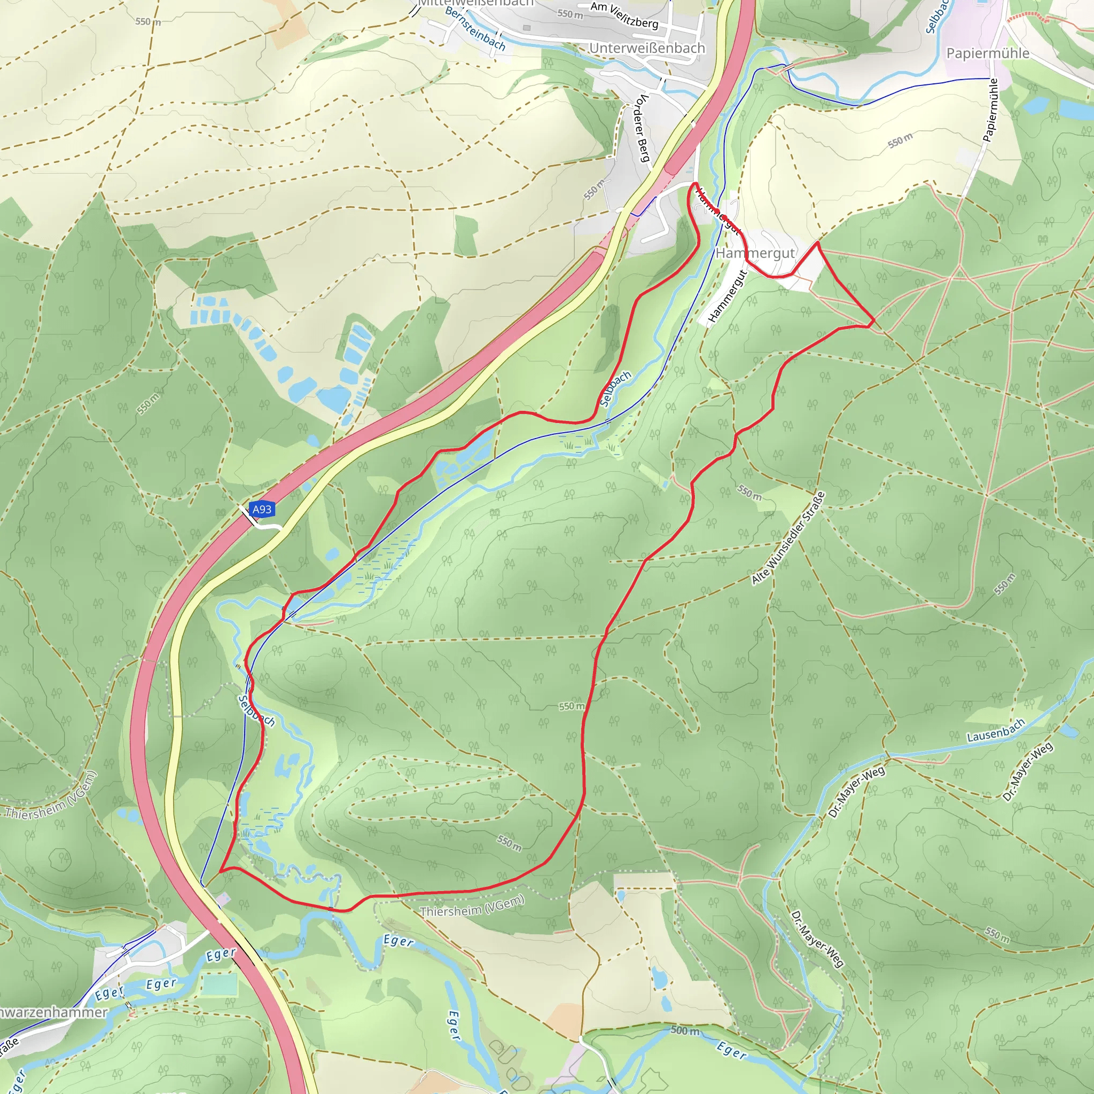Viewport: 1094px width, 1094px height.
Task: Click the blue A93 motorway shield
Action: coord(262,509)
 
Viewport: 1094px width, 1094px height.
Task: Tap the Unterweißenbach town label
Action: coord(647,48)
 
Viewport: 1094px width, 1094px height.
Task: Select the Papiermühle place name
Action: coord(988,53)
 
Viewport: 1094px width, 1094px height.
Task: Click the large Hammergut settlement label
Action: coord(755,253)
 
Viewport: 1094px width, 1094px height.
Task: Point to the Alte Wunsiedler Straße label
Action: coord(788,538)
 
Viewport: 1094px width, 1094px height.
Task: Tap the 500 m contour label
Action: coord(685,1030)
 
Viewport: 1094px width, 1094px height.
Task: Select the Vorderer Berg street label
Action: coord(642,128)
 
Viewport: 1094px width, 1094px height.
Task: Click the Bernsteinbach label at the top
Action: coord(475,28)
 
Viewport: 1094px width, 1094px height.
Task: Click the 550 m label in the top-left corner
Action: coord(148,21)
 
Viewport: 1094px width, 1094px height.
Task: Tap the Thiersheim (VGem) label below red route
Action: coord(472,906)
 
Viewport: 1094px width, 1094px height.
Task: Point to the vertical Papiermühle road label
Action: coord(990,110)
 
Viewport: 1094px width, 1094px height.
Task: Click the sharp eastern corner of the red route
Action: coord(874,321)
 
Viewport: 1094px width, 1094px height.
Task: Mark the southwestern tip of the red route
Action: coord(221,870)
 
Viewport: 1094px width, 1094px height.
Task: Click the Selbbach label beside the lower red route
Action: coord(256,710)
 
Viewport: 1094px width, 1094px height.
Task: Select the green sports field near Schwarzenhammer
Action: coord(220,986)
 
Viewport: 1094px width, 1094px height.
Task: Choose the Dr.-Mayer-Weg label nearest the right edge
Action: coord(1027,771)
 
